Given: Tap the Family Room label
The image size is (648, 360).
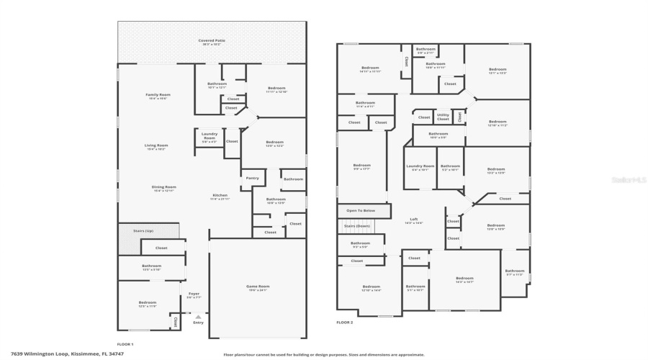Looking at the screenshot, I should [x=158, y=95].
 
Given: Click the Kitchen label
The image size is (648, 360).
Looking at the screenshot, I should [x=220, y=196].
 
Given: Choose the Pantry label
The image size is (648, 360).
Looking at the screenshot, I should [x=252, y=178].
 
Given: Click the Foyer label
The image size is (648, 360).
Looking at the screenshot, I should [x=194, y=294].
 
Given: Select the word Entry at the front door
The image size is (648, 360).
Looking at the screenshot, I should [x=198, y=323].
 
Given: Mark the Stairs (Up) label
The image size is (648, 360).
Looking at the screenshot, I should [x=143, y=231].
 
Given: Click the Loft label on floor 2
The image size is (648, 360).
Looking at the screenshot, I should [x=414, y=220].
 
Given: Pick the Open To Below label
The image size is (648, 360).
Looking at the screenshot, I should [x=361, y=211].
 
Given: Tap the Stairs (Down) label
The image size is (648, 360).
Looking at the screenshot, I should [x=357, y=226].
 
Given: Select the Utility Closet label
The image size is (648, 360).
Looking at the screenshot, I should [x=443, y=117].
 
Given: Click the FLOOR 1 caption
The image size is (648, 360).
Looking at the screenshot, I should [x=125, y=344].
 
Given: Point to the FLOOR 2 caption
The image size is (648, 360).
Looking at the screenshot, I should [x=345, y=322].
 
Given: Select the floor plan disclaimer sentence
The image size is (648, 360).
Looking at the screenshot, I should [x=323, y=354].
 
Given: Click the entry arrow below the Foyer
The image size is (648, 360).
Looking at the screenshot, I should [x=198, y=315].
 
